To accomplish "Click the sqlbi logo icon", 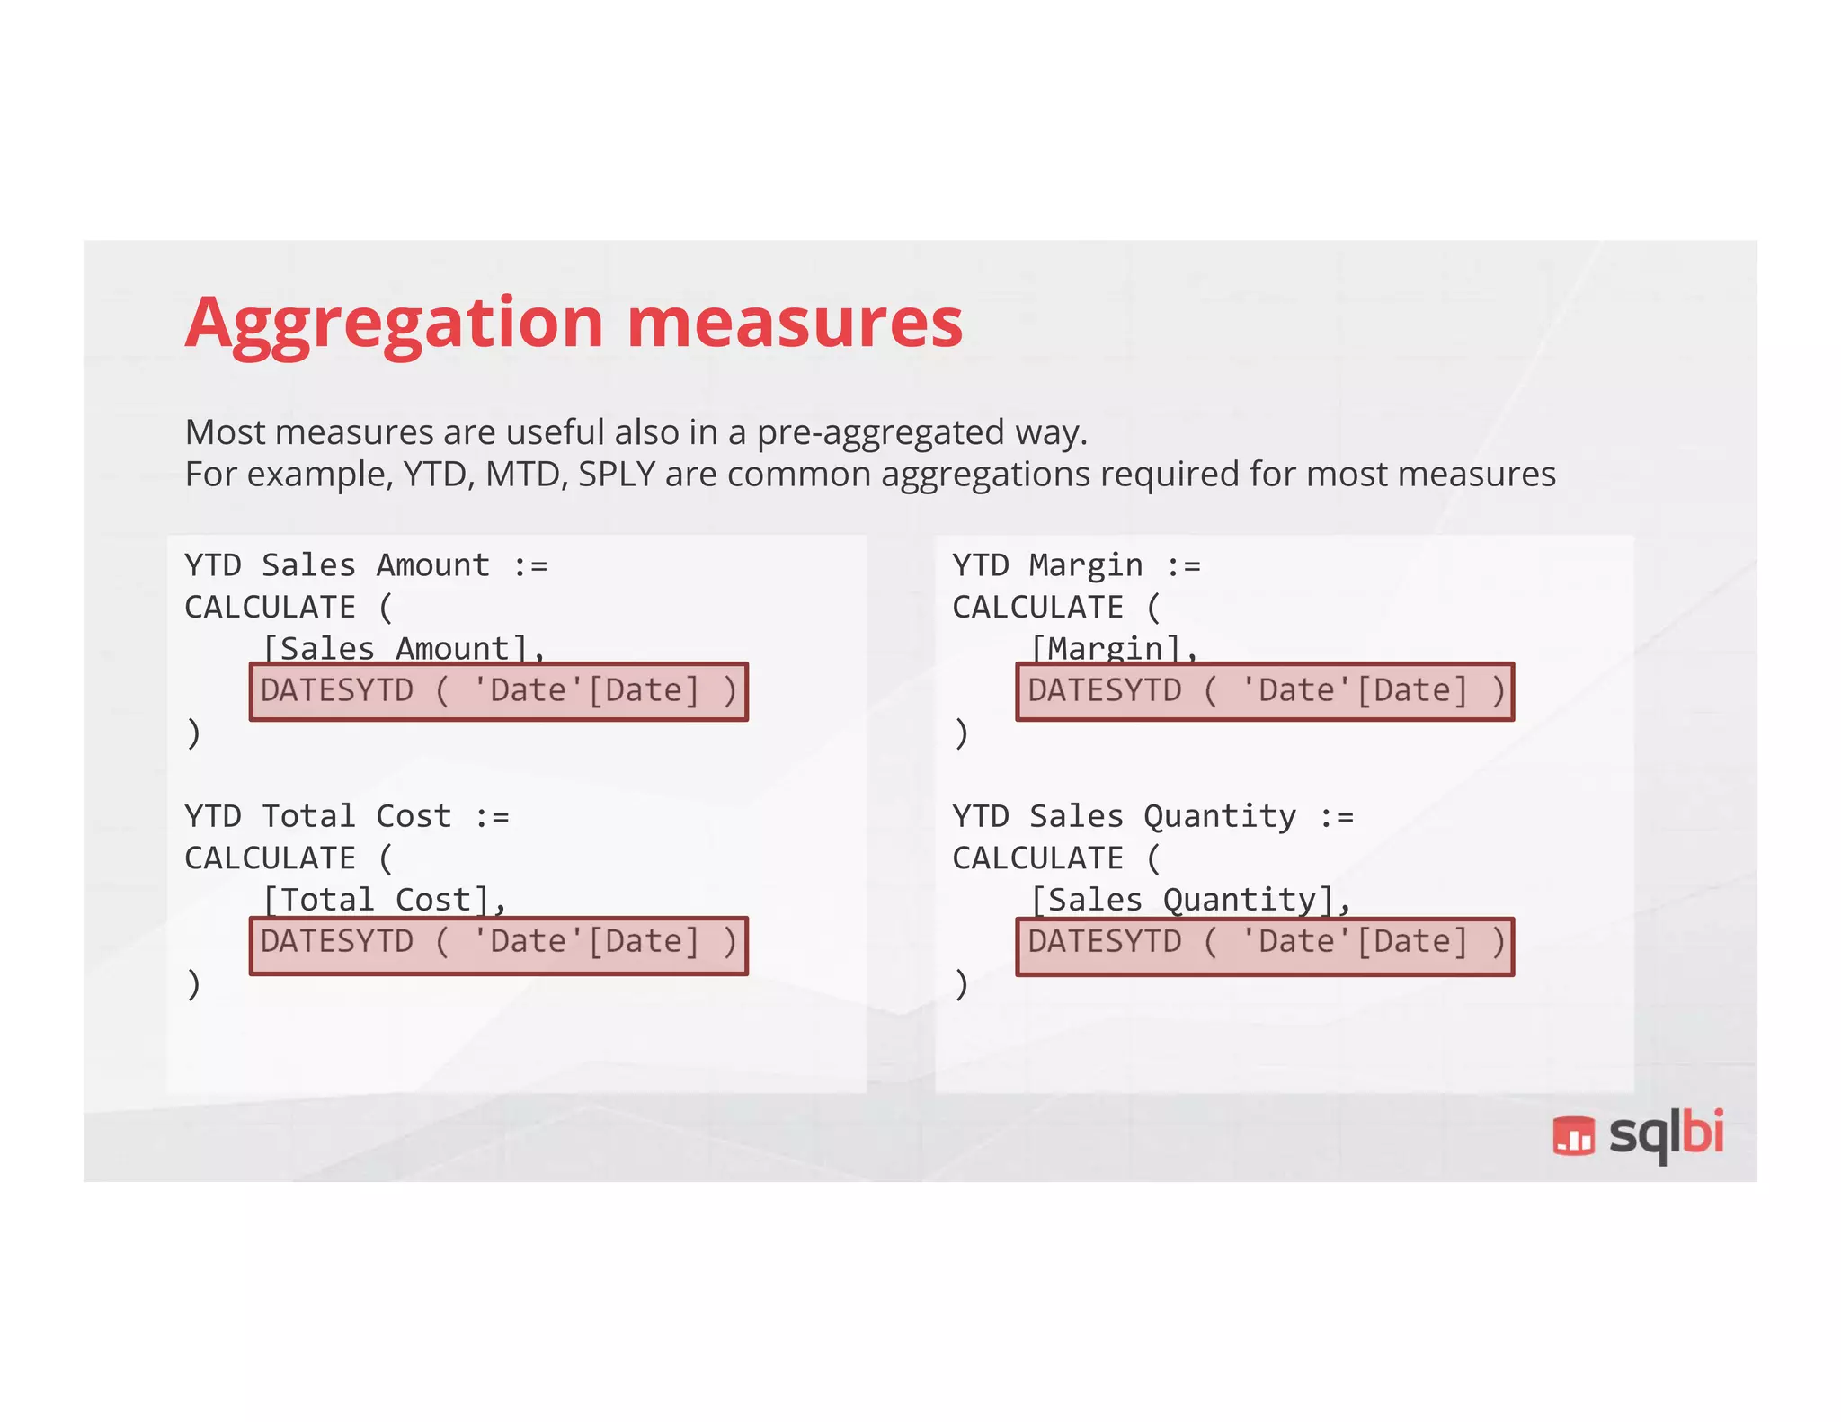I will coord(1573,1135).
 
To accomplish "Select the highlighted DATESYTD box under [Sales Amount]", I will coord(499,691).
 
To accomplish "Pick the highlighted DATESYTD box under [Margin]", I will coord(1265,691).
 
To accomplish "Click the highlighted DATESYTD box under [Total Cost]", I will coord(499,945).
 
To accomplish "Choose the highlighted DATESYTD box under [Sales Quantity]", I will coord(1265,945).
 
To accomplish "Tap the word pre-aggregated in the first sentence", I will coord(881,433).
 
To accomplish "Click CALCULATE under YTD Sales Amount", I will coord(270,608).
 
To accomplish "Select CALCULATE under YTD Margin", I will coord(1037,608).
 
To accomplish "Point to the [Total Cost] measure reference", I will coord(384,900).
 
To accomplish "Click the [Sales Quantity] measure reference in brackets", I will coord(1189,900).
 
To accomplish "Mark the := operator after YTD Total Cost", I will coord(492,816).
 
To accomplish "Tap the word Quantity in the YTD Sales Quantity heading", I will coord(1219,816).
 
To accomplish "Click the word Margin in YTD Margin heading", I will coord(1085,565).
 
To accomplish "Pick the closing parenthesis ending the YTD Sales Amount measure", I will coord(193,733).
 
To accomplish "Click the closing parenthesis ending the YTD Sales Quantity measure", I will coord(961,984).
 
